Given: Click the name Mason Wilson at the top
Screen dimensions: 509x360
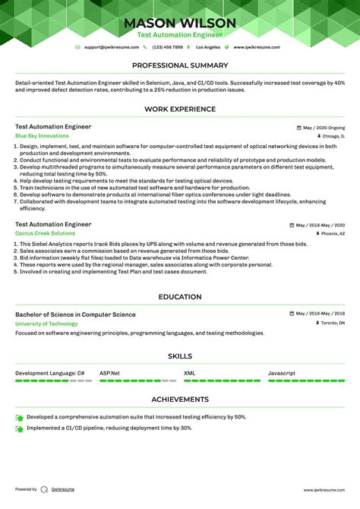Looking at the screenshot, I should pyautogui.click(x=180, y=23).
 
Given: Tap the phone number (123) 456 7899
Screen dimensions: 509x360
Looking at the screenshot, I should pyautogui.click(x=167, y=47).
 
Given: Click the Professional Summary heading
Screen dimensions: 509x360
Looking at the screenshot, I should pyautogui.click(x=180, y=66).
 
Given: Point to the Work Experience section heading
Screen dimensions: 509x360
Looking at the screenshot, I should pyautogui.click(x=180, y=109).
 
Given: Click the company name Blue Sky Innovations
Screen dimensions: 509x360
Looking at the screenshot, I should pyautogui.click(x=42, y=136).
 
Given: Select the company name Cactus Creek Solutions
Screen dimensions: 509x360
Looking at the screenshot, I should pyautogui.click(x=45, y=233).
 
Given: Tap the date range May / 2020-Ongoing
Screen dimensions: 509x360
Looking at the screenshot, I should pyautogui.click(x=324, y=128).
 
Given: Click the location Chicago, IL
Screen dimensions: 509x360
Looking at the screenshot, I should pyautogui.click(x=333, y=136).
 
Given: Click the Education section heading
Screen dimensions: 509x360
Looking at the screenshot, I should pyautogui.click(x=180, y=297).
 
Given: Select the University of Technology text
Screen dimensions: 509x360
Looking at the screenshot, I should pyautogui.click(x=46, y=324).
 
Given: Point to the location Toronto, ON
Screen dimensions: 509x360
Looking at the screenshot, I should pyautogui.click(x=331, y=323).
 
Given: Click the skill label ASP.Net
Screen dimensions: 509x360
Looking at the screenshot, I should pyautogui.click(x=110, y=373).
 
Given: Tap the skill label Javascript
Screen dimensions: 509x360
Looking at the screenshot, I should pyautogui.click(x=281, y=373).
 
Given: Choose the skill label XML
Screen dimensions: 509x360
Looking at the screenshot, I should pyautogui.click(x=189, y=373).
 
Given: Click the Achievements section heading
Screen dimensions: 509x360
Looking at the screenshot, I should pyautogui.click(x=180, y=399).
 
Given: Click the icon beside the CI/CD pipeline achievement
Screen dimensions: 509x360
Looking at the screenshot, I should pyautogui.click(x=19, y=428).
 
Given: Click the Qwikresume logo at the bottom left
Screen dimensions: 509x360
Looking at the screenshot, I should pyautogui.click(x=46, y=490).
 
